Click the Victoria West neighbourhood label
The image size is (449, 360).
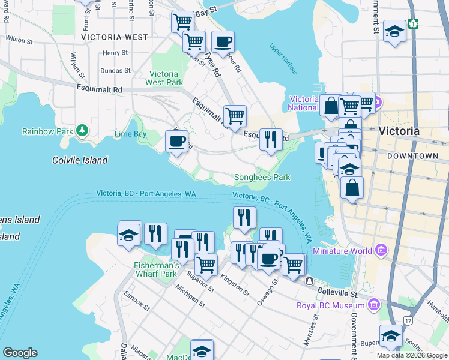pyautogui.click(x=114, y=37)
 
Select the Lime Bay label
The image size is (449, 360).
pyautogui.click(x=130, y=134)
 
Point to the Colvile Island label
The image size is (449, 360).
pyautogui.click(x=80, y=160)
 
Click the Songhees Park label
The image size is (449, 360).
pyautogui.click(x=262, y=178)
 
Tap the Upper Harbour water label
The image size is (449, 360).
pyautogui.click(x=283, y=59)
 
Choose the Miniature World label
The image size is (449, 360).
pyautogui.click(x=340, y=250)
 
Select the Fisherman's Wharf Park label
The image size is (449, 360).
pyautogui.click(x=156, y=269)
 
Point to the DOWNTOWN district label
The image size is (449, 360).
pyautogui.click(x=413, y=155)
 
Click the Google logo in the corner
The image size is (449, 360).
pyautogui.click(x=20, y=353)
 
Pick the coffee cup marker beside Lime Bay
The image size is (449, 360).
pyautogui.click(x=176, y=142)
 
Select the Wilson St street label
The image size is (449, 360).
pyautogui.click(x=18, y=40)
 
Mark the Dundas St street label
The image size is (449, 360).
pyautogui.click(x=116, y=70)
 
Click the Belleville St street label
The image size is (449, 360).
pyautogui.click(x=337, y=294)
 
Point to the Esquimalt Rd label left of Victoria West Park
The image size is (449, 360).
pyautogui.click(x=100, y=89)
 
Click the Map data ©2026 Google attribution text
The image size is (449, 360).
pyautogui.click(x=411, y=355)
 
